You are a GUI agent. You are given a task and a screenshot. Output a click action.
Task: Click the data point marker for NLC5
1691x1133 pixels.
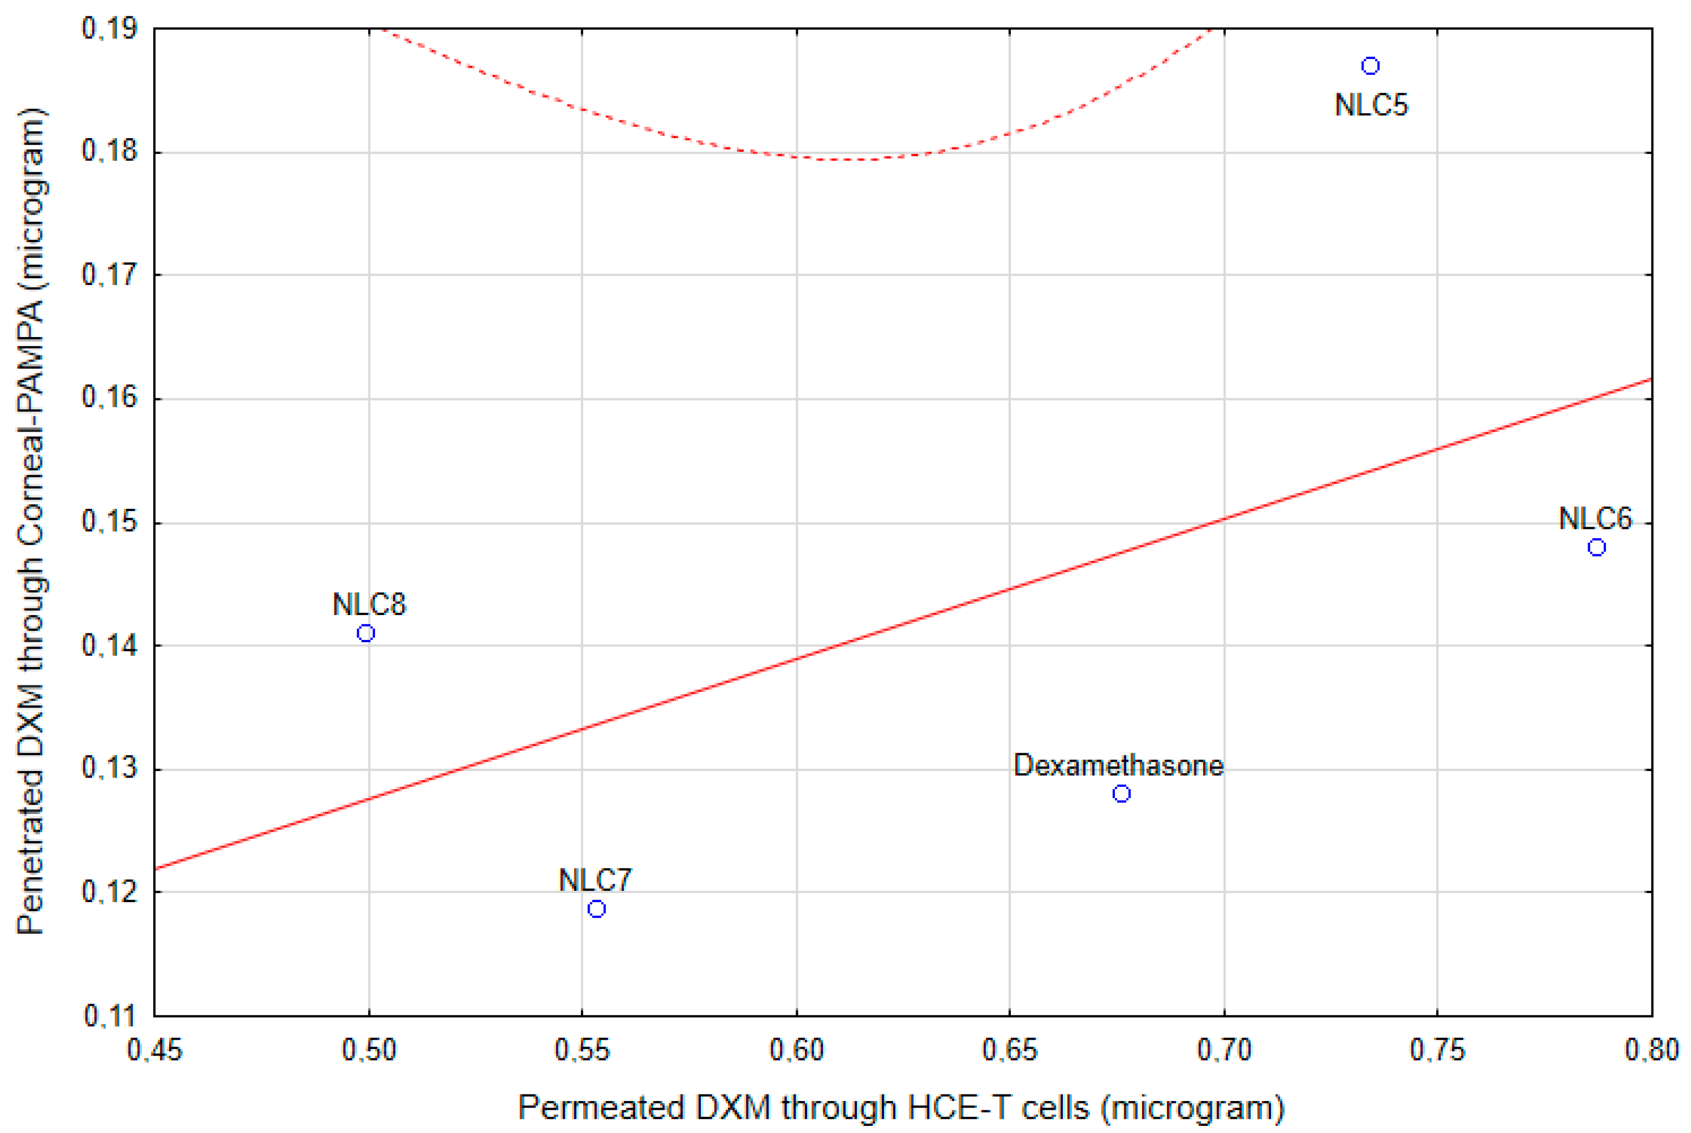coord(1370,66)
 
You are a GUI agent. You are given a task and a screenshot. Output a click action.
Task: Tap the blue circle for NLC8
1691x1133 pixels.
coord(366,633)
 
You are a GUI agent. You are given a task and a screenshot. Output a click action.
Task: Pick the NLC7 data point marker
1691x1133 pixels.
coord(596,908)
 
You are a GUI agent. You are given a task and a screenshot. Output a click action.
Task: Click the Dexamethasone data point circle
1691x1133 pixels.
coord(1121,793)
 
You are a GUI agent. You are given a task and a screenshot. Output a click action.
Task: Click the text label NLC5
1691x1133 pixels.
coord(1371,106)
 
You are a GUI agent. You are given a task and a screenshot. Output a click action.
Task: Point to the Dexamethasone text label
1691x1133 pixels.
coord(1118,765)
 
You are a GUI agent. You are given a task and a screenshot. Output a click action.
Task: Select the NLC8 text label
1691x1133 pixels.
coord(369,604)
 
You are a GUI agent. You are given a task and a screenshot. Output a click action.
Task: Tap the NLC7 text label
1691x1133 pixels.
coord(596,880)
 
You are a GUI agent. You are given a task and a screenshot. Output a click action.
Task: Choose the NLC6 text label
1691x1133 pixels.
coord(1596,518)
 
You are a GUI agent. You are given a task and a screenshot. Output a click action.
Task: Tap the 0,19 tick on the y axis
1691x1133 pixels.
coord(109,29)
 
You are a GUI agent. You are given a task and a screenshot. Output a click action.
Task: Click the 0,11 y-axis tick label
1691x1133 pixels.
coord(109,1016)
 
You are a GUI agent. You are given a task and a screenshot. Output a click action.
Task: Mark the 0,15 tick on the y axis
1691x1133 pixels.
coord(109,522)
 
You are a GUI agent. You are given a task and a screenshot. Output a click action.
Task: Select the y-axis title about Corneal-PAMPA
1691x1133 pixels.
coord(31,520)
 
